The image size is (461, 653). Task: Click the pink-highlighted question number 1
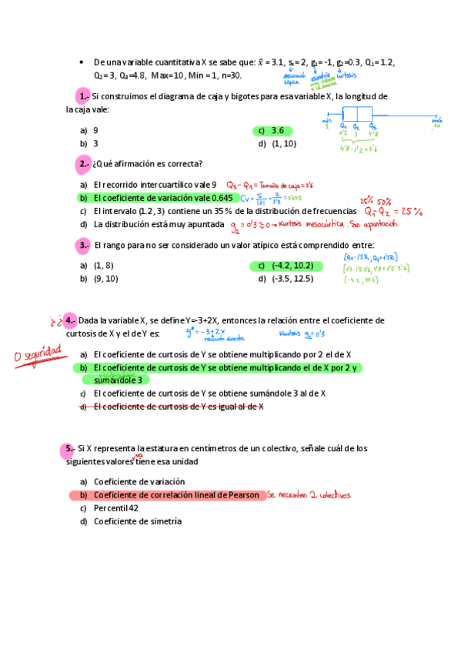point(84,96)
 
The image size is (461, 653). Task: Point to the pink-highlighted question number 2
point(84,164)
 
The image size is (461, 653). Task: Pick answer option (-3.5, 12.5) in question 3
point(292,279)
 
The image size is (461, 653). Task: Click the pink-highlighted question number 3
point(84,245)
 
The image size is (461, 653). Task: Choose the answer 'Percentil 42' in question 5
point(115,508)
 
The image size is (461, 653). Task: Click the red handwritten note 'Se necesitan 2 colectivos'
point(309,495)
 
